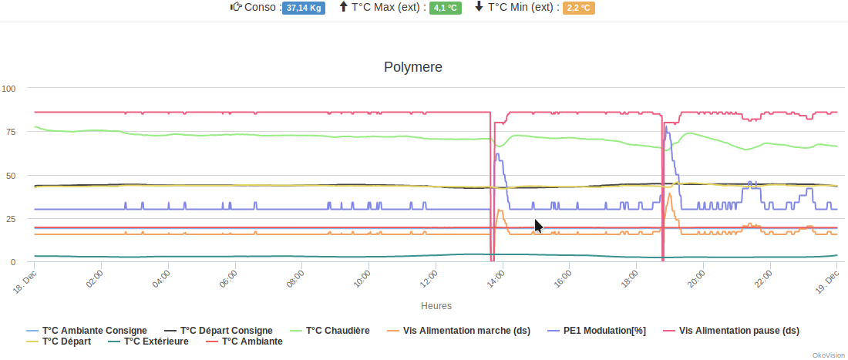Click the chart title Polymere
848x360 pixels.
[412, 67]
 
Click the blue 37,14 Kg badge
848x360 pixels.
[304, 8]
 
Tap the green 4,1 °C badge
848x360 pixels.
[445, 8]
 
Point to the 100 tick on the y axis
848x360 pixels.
[8, 88]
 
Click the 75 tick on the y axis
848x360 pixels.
[11, 132]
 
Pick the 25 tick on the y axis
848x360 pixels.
[11, 219]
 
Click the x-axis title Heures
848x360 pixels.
[436, 306]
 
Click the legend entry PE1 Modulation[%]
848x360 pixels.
[604, 330]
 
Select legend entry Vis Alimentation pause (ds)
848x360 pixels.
[739, 330]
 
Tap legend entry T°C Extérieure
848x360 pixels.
[155, 341]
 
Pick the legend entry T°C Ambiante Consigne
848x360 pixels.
[94, 330]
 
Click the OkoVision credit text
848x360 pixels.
[827, 355]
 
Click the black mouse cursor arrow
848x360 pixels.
[538, 225]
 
